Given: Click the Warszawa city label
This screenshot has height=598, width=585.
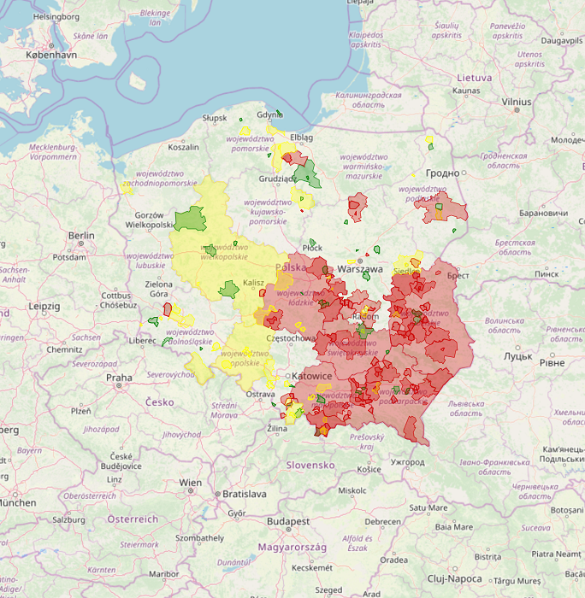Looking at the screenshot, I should click(360, 268).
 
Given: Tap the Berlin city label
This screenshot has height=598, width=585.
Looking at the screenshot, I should click(82, 236).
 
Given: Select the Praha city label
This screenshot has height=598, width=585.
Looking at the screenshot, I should click(119, 377).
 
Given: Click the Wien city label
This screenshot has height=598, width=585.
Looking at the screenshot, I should click(190, 483).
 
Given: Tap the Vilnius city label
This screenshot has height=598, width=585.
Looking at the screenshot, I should click(517, 102).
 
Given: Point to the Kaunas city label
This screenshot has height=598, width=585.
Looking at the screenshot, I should click(466, 90).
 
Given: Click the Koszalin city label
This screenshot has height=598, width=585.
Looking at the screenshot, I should click(183, 147).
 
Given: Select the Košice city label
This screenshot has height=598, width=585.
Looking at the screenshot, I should click(369, 469).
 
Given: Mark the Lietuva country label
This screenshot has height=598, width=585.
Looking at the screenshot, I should click(474, 78).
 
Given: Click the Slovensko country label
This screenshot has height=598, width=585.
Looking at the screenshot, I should click(310, 465).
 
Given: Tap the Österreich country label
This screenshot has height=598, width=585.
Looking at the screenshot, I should click(133, 519).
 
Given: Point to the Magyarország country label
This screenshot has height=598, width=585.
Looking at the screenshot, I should click(288, 547).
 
